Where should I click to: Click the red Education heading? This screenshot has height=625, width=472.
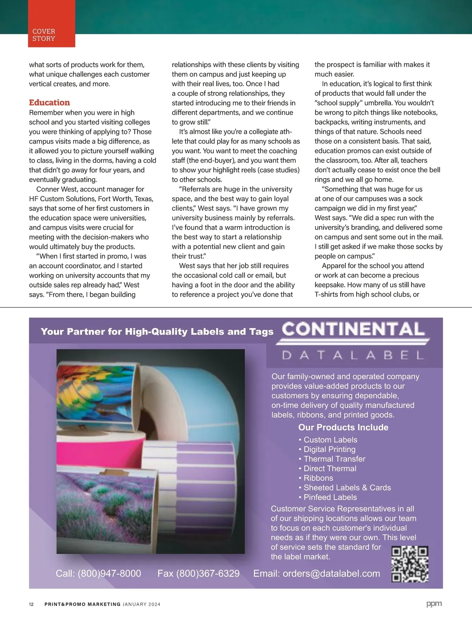tap(50, 103)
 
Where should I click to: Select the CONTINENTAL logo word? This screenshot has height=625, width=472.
tap(353, 329)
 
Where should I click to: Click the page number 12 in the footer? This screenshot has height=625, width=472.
tap(31, 604)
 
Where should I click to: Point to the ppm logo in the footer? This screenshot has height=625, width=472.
tap(434, 603)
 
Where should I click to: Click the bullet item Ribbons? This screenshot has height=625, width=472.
tap(318, 478)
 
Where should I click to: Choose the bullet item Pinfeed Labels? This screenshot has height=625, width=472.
tap(330, 497)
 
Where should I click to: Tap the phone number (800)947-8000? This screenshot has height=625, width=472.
tap(109, 574)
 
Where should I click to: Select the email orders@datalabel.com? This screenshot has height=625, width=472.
tap(331, 574)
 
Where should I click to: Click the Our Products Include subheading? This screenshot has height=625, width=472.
tap(343, 427)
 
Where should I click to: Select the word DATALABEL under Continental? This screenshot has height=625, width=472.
tap(353, 355)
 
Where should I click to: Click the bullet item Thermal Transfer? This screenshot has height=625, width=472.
tap(334, 459)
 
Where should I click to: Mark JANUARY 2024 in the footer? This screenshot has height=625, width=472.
tap(142, 604)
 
